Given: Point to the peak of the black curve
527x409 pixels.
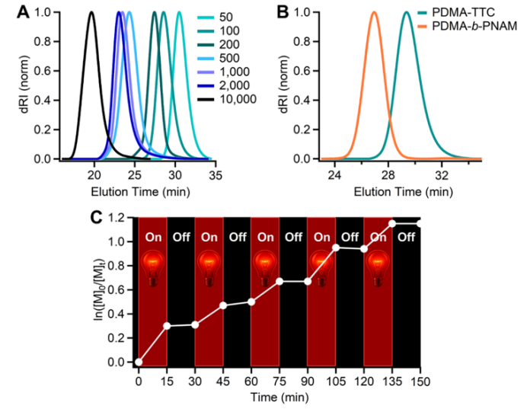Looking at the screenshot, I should coord(91,12).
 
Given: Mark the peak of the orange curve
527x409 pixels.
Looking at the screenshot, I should coord(374,12).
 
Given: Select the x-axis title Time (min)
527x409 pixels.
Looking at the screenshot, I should coord(279,398).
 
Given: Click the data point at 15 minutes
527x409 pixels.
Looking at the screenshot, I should coord(167,326).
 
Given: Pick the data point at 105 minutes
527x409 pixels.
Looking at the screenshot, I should coord(336,248).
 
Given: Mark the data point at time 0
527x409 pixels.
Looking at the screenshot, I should coord(139,362).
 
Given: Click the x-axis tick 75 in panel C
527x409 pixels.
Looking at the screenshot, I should coord(279,379).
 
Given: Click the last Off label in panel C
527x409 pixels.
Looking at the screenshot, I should coord(405,236).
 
